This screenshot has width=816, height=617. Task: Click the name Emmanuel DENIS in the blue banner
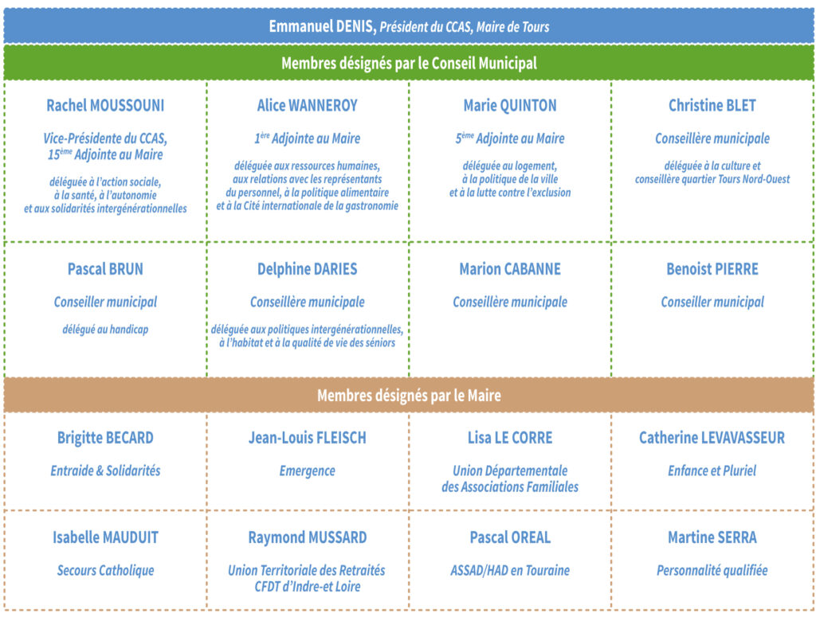(322, 26)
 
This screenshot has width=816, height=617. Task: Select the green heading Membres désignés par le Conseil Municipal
(409, 63)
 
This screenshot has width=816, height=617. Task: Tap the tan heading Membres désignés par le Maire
(409, 396)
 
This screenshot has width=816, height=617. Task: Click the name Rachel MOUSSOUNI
(105, 106)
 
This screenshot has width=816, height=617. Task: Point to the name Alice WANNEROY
(307, 106)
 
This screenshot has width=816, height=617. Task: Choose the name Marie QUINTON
(510, 106)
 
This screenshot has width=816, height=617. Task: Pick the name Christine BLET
(712, 106)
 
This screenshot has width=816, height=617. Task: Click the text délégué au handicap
(105, 329)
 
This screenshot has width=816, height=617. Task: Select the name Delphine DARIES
(307, 269)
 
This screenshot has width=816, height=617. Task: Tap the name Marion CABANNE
(510, 269)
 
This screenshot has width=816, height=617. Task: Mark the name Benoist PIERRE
(712, 269)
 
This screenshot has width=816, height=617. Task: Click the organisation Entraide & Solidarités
(105, 471)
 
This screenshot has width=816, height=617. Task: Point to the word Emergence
(307, 471)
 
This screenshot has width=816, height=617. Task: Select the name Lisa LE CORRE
(510, 438)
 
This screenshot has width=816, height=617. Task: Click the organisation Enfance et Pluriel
(712, 471)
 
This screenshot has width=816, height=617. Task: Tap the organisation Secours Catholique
(105, 570)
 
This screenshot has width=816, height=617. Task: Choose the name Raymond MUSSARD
(307, 537)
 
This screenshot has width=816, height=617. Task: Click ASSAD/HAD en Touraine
(510, 570)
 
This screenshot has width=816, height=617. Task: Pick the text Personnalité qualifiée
(712, 570)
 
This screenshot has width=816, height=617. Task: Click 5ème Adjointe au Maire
(510, 139)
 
